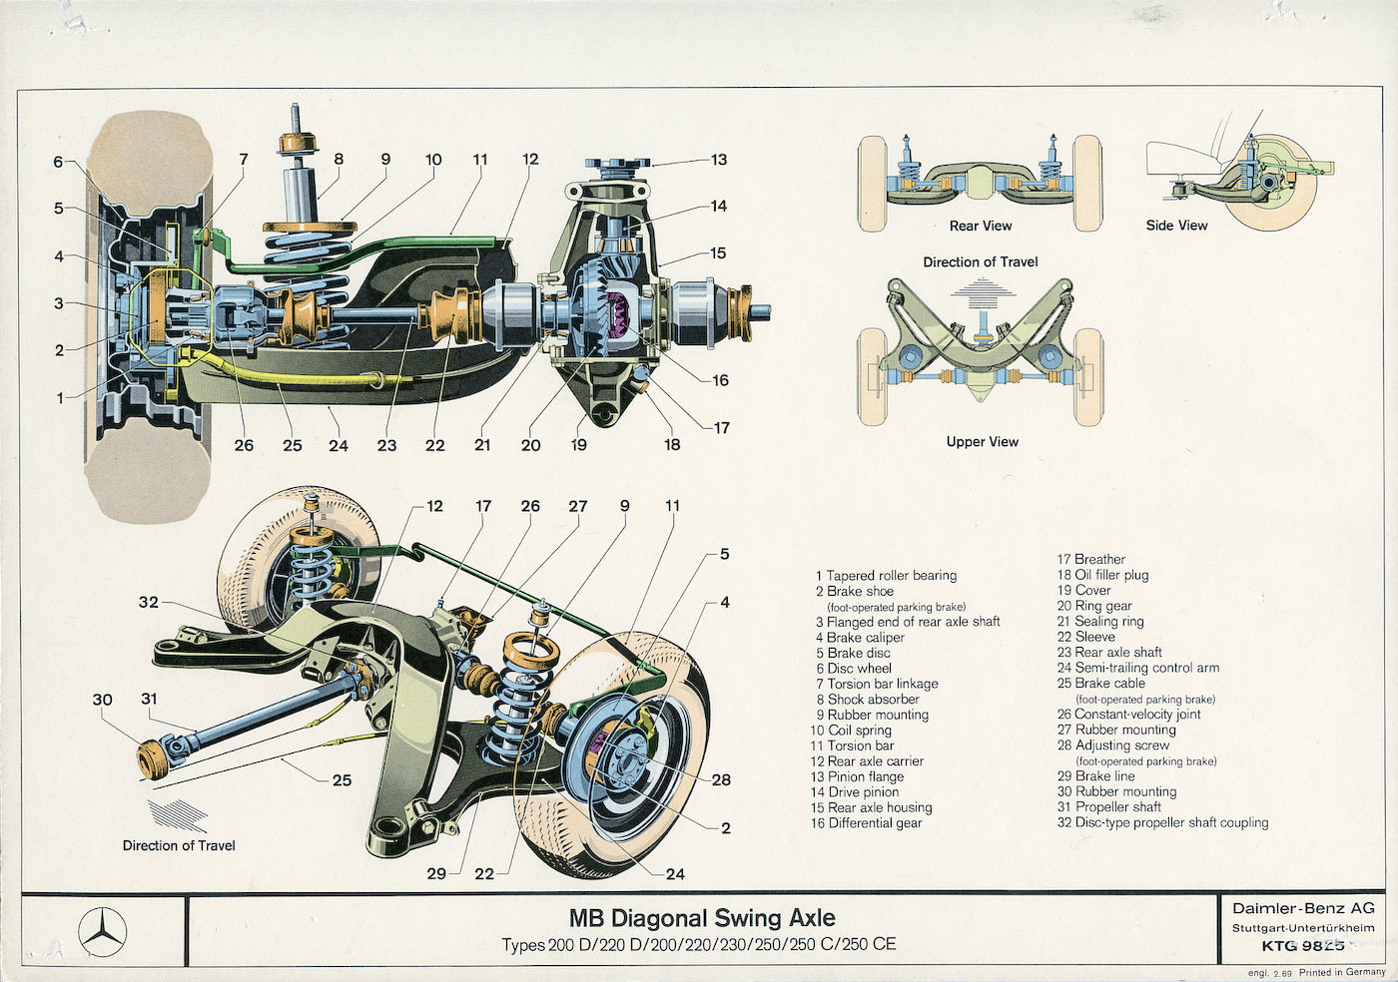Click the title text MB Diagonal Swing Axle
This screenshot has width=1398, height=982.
pyautogui.click(x=702, y=918)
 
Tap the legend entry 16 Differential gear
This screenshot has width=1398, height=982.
pyautogui.click(x=867, y=823)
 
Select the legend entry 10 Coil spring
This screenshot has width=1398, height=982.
pyautogui.click(x=851, y=731)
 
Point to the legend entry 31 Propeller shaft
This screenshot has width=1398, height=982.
pyautogui.click(x=1109, y=807)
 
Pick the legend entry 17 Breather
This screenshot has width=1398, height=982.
pyautogui.click(x=1091, y=560)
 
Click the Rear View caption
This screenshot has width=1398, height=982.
pyautogui.click(x=981, y=227)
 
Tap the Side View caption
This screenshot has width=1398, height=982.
pyautogui.click(x=1176, y=226)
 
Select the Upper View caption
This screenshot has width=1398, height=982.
pyautogui.click(x=983, y=442)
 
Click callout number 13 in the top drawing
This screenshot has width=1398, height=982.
pyautogui.click(x=719, y=160)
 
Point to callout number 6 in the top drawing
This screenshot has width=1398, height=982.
pyautogui.click(x=58, y=162)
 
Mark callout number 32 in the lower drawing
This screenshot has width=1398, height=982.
pyautogui.click(x=149, y=602)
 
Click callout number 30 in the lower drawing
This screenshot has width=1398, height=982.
pyautogui.click(x=103, y=700)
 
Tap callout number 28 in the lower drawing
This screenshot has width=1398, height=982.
pyautogui.click(x=721, y=779)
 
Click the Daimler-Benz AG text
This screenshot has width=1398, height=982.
pyautogui.click(x=1303, y=908)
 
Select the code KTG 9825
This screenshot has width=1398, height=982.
pyautogui.click(x=1303, y=946)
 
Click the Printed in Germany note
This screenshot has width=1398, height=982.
pyautogui.click(x=1342, y=972)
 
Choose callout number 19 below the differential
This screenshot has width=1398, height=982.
pyautogui.click(x=579, y=445)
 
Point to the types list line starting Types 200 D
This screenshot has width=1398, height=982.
pyautogui.click(x=699, y=944)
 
